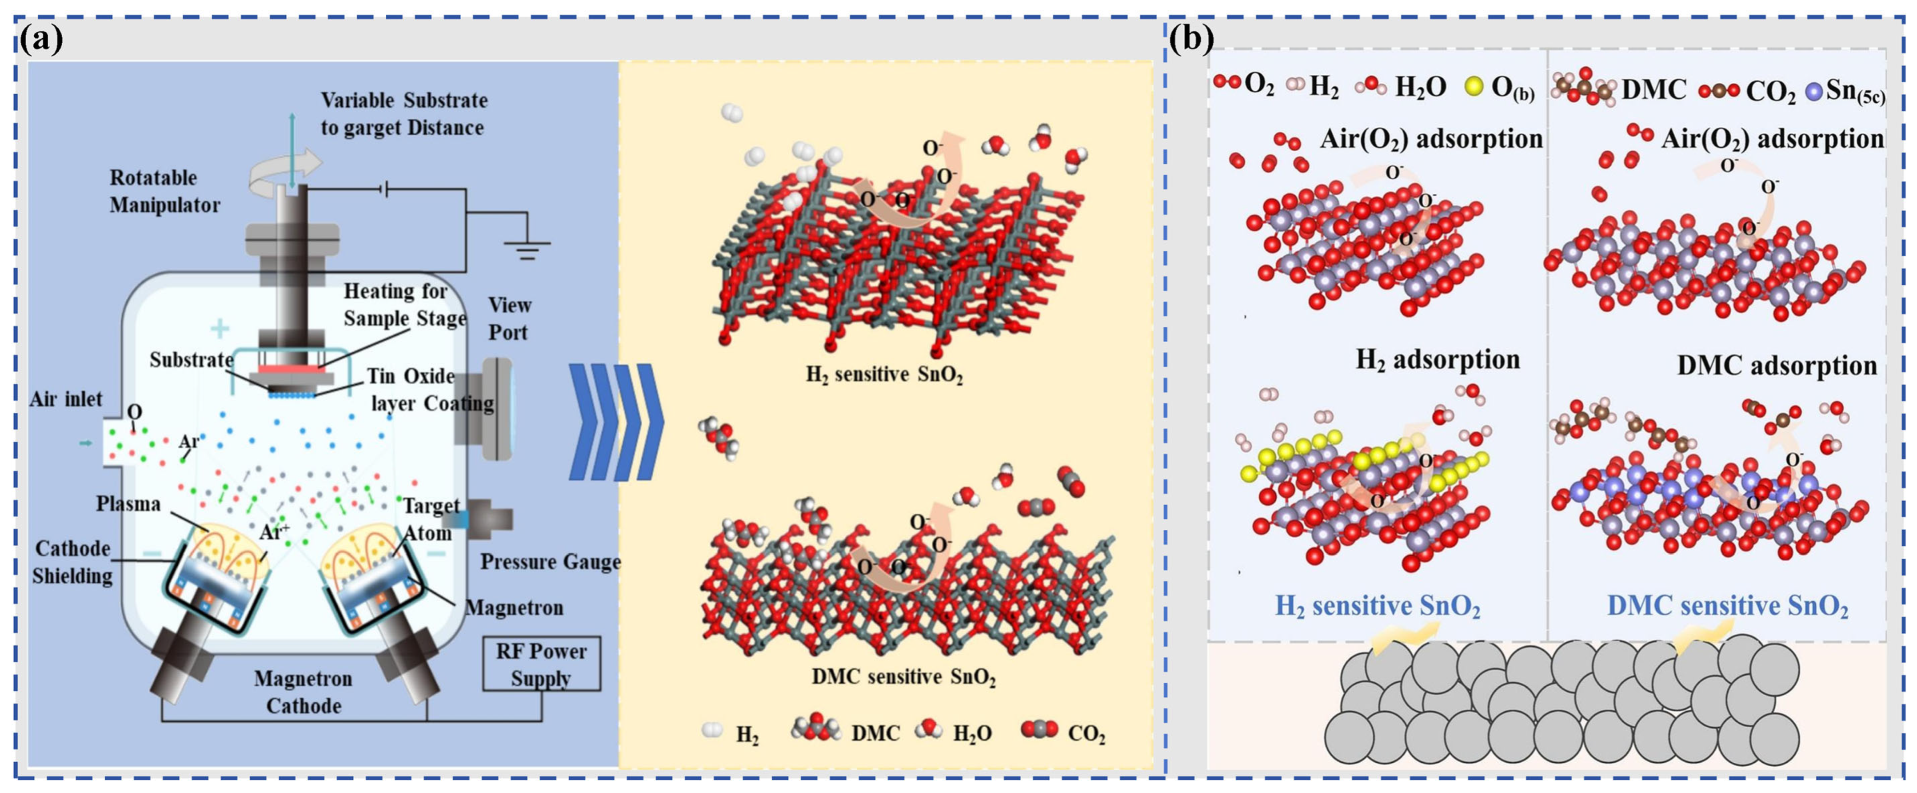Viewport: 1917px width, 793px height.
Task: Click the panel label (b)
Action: click(1191, 37)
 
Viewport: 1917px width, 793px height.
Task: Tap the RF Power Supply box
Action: click(541, 664)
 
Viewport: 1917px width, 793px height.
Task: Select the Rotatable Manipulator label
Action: click(164, 191)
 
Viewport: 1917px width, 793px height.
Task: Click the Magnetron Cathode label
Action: click(303, 692)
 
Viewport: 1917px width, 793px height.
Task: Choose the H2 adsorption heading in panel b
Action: click(1437, 360)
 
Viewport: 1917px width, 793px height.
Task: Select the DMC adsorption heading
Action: click(1776, 366)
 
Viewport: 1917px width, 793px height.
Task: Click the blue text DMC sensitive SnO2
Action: click(1727, 606)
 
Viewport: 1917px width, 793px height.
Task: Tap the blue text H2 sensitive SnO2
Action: click(1378, 606)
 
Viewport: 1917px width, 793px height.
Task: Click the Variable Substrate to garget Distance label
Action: click(403, 114)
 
